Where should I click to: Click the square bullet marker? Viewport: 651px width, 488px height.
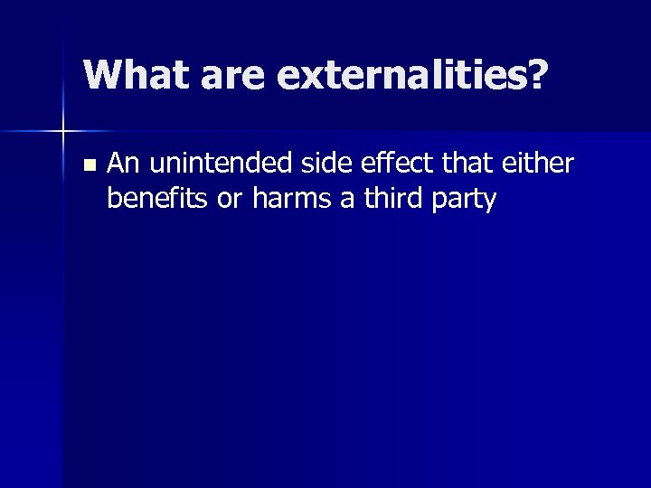pos(88,165)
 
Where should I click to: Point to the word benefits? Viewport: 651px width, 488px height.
pos(158,198)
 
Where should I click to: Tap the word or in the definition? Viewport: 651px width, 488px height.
pos(231,201)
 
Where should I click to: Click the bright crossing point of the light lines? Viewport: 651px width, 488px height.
pos(62,132)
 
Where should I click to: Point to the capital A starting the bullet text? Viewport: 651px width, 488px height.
pos(116,164)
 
